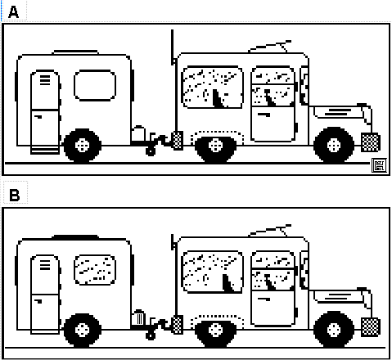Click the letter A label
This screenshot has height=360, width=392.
point(13,12)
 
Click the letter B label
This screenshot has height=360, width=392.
point(15,195)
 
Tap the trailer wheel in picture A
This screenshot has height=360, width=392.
point(82,146)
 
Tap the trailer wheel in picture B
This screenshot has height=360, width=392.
point(82,330)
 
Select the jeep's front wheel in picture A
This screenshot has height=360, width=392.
point(334,145)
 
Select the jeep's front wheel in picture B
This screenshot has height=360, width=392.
point(334,330)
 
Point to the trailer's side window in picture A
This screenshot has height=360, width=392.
point(95,85)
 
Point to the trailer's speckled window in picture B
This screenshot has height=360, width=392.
point(95,269)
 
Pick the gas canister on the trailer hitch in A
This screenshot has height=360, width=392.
point(138,133)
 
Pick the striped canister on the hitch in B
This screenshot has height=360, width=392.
point(138,317)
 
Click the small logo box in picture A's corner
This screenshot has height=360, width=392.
point(380,165)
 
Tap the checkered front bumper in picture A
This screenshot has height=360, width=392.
point(371,142)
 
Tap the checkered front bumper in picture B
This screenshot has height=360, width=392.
point(371,326)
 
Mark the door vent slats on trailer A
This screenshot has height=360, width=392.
point(45,80)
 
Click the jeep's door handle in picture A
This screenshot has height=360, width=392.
point(264,115)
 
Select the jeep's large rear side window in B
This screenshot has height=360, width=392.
point(212,272)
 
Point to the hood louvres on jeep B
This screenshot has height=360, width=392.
point(339,296)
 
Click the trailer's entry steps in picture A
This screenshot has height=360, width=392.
point(45,151)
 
